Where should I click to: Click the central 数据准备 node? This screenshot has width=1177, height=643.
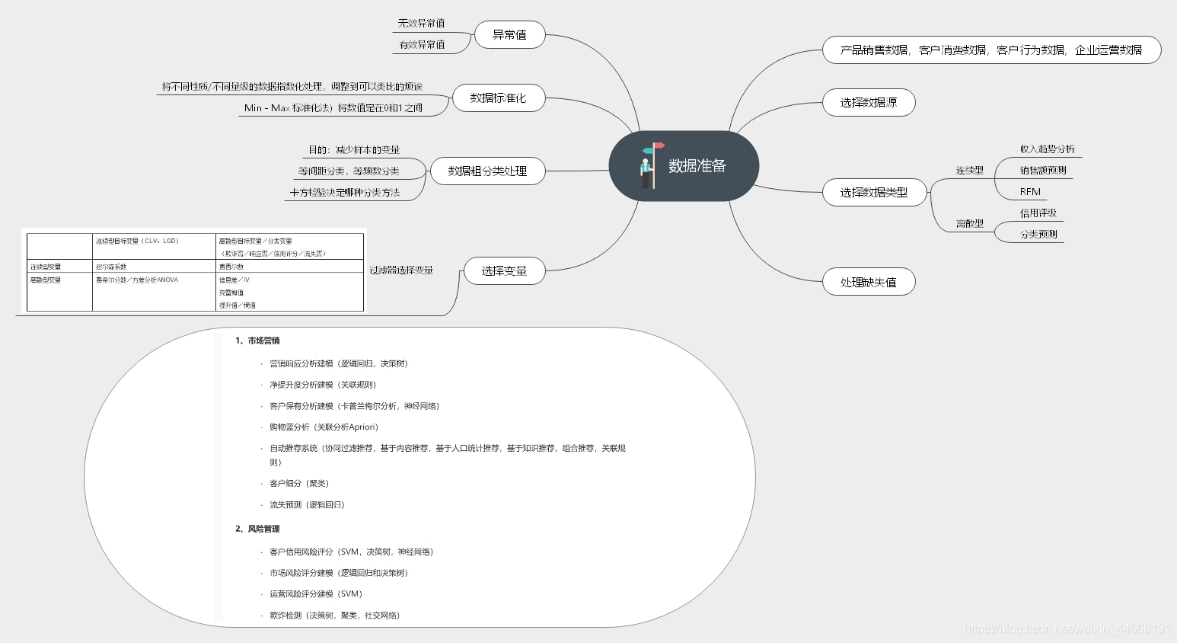pyautogui.click(x=697, y=166)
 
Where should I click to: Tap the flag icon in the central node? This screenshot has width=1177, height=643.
pyautogui.click(x=649, y=165)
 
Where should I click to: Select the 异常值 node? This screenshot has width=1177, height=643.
pyautogui.click(x=509, y=35)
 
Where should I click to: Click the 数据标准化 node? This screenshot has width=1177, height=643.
pyautogui.click(x=498, y=98)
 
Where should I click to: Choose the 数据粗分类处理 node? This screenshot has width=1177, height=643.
pyautogui.click(x=487, y=171)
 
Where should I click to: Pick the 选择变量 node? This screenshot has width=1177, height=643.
pyautogui.click(x=504, y=271)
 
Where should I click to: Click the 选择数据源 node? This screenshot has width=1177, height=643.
pyautogui.click(x=868, y=103)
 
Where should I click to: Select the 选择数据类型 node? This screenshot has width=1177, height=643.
pyautogui.click(x=874, y=193)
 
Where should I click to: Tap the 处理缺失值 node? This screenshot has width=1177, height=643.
pyautogui.click(x=868, y=283)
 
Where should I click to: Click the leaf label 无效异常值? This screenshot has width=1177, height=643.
pyautogui.click(x=421, y=24)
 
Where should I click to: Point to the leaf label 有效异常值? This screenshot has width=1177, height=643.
pyautogui.click(x=422, y=45)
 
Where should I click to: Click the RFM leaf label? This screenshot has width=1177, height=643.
pyautogui.click(x=1030, y=192)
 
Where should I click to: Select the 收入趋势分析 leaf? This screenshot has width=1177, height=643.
pyautogui.click(x=1047, y=149)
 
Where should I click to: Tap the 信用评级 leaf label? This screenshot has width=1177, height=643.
pyautogui.click(x=1038, y=213)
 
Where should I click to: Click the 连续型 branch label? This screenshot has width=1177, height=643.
pyautogui.click(x=969, y=171)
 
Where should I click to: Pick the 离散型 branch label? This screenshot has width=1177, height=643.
pyautogui.click(x=969, y=224)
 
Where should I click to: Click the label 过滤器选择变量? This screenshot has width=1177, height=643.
pyautogui.click(x=401, y=270)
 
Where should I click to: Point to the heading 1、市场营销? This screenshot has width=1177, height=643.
pyautogui.click(x=257, y=341)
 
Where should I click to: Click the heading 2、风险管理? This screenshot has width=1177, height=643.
pyautogui.click(x=257, y=529)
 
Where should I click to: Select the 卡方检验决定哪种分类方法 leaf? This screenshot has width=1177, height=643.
pyautogui.click(x=345, y=193)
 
